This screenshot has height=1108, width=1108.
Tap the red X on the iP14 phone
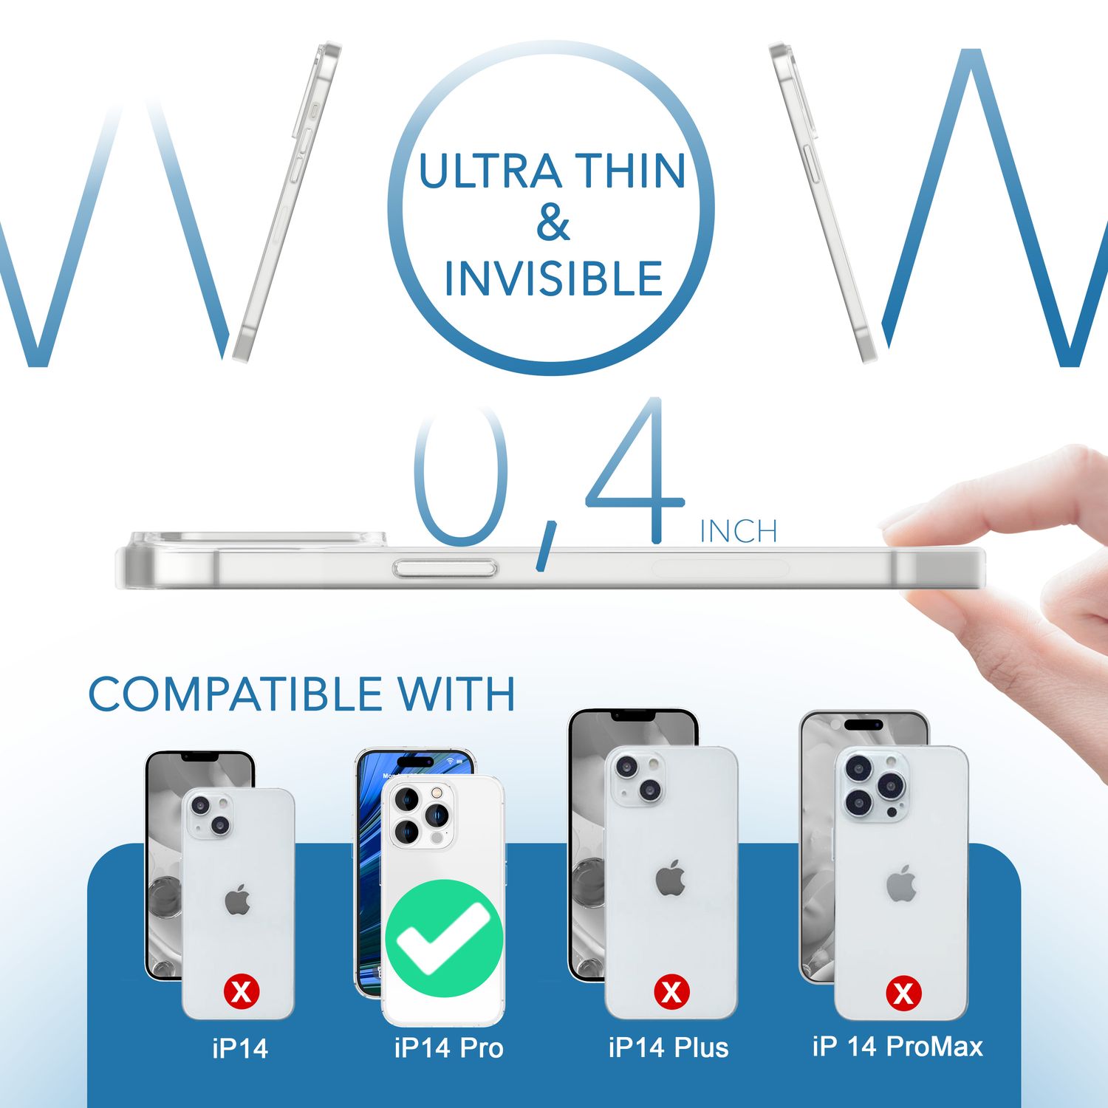pos(242,991)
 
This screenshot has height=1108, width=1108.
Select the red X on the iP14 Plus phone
pos(671,991)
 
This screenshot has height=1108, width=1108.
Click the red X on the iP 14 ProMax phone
pos(903,993)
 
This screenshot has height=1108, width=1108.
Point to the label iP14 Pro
pos(448,1047)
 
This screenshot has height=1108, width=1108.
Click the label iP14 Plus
pos(668,1047)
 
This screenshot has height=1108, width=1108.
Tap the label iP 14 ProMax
pos(897,1047)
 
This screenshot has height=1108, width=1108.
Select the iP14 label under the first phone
pos(240,1048)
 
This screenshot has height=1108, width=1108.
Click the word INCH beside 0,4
pos(739,531)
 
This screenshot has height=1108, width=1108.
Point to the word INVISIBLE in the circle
pos(553,278)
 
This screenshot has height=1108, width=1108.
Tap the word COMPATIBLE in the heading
pos(235,694)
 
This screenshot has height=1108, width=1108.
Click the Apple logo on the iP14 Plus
pos(671,878)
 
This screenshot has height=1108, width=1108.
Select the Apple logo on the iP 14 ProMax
pos(902,883)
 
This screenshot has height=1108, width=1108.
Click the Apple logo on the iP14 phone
pos(238,901)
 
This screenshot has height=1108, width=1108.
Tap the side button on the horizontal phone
pos(445,568)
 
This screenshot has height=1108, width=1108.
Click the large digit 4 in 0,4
pos(635,473)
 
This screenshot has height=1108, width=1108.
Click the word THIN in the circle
pos(630,171)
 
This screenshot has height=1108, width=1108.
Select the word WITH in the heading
pos(456,694)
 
